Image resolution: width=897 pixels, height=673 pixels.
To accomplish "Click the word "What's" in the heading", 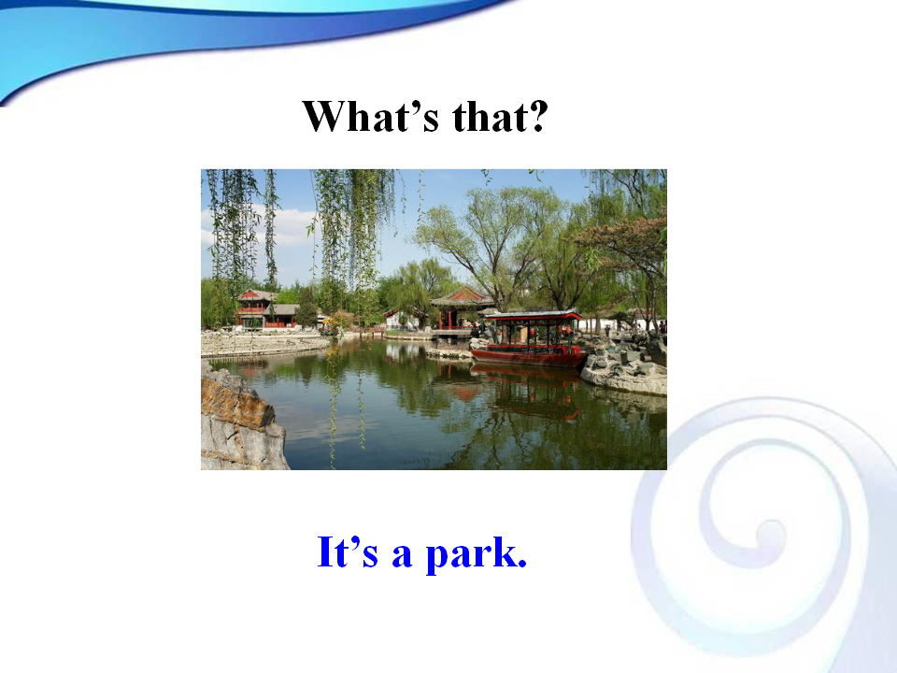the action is [x=371, y=116].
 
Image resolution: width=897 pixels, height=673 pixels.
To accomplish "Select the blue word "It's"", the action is [x=348, y=551].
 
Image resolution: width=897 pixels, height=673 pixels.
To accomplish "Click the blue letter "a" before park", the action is [x=402, y=555].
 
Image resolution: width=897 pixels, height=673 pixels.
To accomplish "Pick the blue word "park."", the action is [x=477, y=554].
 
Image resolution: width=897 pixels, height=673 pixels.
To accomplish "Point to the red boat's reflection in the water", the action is [x=526, y=392].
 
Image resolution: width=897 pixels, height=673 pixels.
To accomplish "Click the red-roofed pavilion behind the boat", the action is [x=461, y=309].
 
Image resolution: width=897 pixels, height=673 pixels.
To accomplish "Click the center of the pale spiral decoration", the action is [x=770, y=532].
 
